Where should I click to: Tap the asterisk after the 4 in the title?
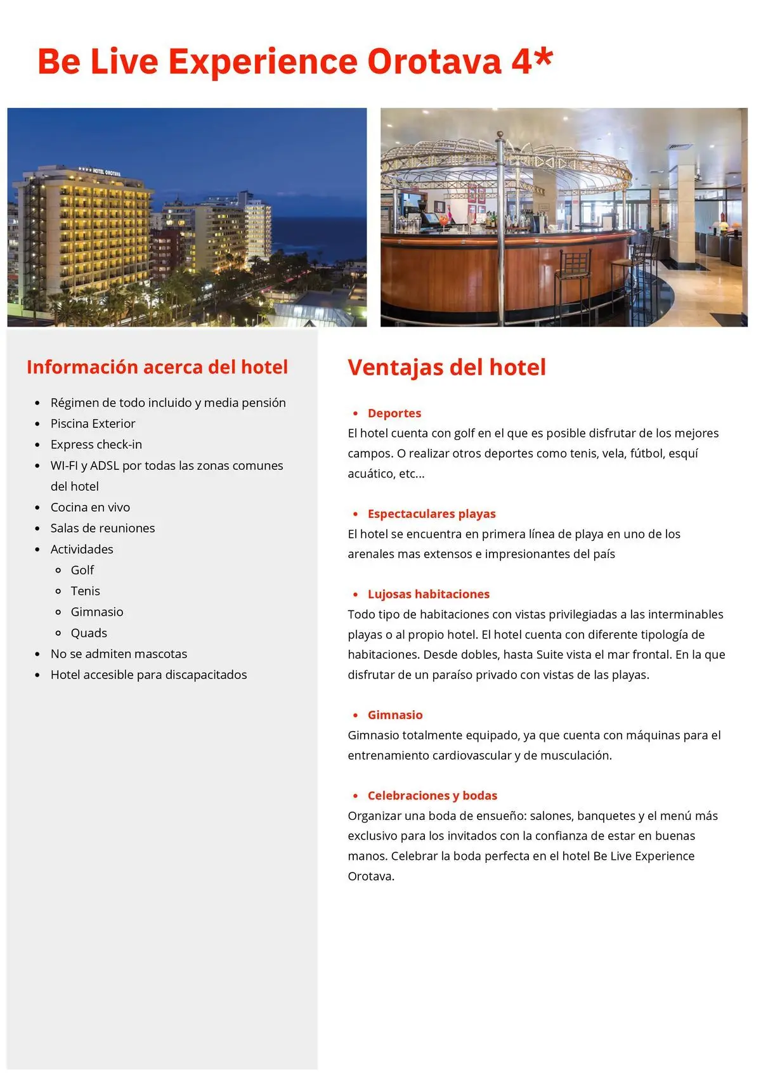coord(543,58)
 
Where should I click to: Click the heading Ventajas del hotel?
coord(446,367)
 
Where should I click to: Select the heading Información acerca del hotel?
coord(157,367)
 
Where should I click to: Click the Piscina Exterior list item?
coord(93,424)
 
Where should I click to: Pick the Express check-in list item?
coord(96,444)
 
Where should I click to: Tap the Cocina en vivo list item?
coord(90,507)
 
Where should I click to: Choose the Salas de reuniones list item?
coord(102,528)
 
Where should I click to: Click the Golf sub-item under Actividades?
coord(82,570)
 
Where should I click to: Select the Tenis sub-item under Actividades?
coord(85,591)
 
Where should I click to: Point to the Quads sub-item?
coord(89,633)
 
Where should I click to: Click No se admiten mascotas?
coord(119,654)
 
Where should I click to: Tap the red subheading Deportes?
coord(394,413)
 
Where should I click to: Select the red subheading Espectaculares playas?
coord(431,514)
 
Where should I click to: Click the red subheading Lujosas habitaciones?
coord(428,594)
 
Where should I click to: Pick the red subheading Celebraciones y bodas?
coord(432,796)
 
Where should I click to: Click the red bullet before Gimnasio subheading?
coord(355,715)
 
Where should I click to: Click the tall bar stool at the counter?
coord(573,279)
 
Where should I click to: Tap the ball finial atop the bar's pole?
coord(500,135)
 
